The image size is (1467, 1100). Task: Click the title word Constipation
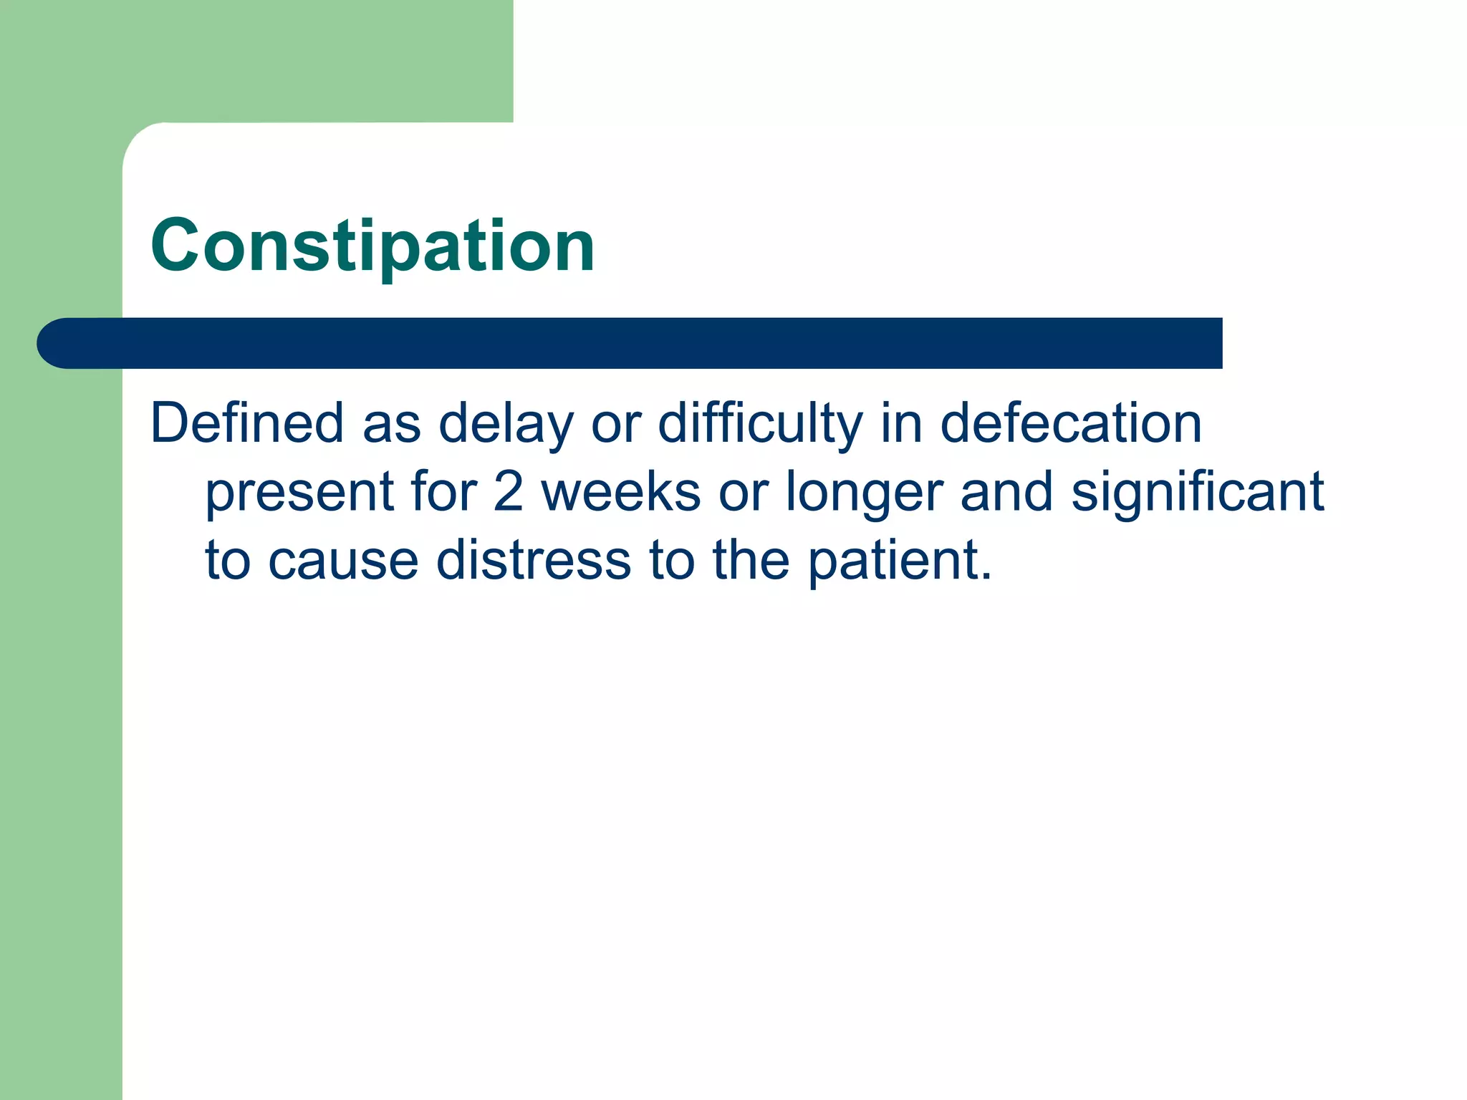tap(372, 246)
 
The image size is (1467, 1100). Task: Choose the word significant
tap(1197, 493)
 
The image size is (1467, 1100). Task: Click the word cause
tap(343, 561)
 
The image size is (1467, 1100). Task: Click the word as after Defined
tap(392, 424)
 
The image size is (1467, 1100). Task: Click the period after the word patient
tap(986, 576)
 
